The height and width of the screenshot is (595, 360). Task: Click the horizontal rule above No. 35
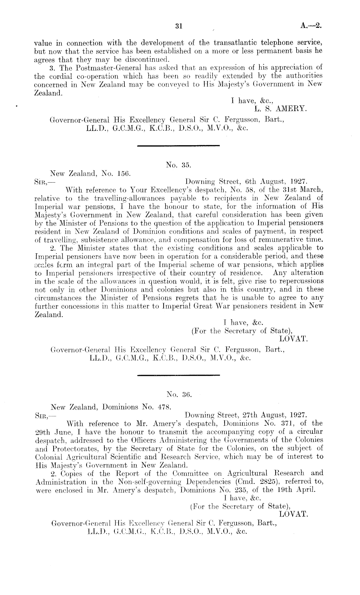click(178, 146)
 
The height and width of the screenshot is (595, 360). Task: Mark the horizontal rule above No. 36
click(178, 375)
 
